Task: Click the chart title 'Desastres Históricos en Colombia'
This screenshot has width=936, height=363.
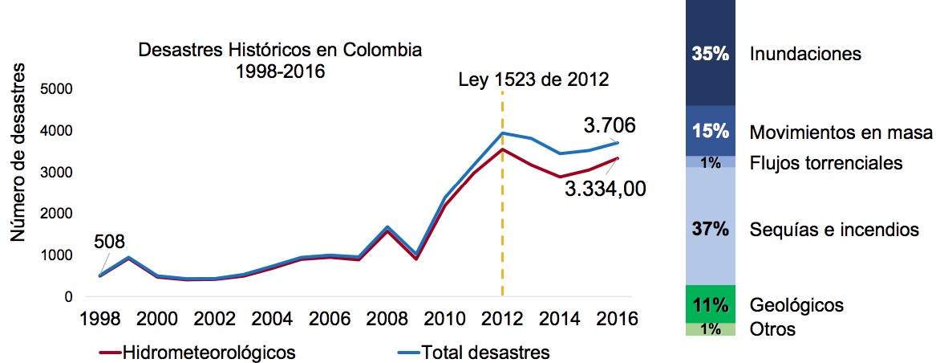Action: pyautogui.click(x=280, y=50)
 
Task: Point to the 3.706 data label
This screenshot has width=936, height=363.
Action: pyautogui.click(x=609, y=125)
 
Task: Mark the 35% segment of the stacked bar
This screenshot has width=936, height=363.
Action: pyautogui.click(x=711, y=54)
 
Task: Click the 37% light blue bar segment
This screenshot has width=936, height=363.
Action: pyautogui.click(x=711, y=228)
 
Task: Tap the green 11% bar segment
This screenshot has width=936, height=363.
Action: pyautogui.click(x=711, y=304)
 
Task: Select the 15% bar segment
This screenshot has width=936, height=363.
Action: pyautogui.click(x=711, y=131)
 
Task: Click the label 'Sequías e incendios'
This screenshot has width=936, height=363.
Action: pyautogui.click(x=833, y=230)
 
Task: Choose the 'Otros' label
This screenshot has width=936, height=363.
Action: pyautogui.click(x=772, y=329)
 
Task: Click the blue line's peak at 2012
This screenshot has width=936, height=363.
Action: pyautogui.click(x=502, y=133)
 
